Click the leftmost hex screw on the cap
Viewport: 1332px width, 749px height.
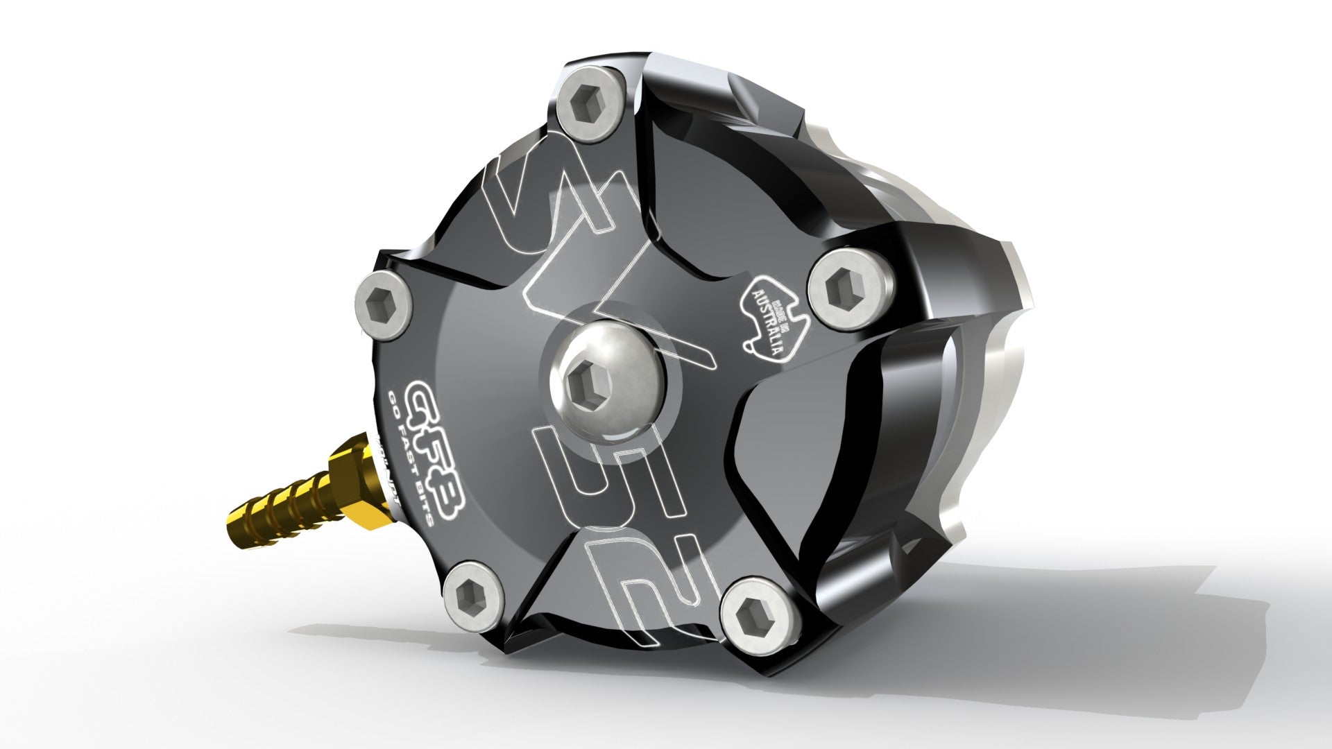click(x=383, y=304)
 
